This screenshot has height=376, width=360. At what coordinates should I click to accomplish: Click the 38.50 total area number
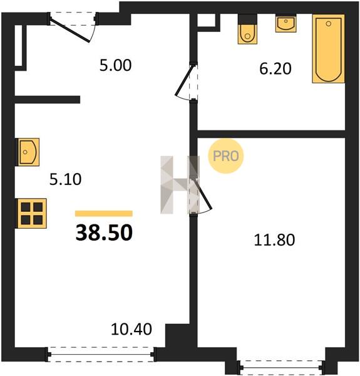104,232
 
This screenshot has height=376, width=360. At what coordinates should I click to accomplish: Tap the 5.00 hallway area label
115,65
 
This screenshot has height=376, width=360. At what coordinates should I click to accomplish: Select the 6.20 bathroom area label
275,68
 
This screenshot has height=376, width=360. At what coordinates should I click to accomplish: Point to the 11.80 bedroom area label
274,240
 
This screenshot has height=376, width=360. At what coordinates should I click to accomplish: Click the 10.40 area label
131,329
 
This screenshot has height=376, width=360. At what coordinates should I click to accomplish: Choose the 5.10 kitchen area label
65,179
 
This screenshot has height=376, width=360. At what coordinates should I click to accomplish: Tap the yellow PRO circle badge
226,156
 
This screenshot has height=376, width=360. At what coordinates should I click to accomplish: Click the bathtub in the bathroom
329,49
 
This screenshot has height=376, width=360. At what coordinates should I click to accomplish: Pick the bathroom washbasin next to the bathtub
285,24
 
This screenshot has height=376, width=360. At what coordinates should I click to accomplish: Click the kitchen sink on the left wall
28,152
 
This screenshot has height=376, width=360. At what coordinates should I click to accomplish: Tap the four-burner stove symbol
31,214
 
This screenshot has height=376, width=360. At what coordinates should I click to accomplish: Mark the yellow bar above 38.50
104,214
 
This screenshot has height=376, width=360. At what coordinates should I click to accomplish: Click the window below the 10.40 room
101,354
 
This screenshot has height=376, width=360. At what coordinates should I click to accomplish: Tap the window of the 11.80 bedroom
281,367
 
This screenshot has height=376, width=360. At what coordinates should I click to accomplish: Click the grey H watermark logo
180,185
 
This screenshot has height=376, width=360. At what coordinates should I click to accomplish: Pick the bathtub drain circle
329,24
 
